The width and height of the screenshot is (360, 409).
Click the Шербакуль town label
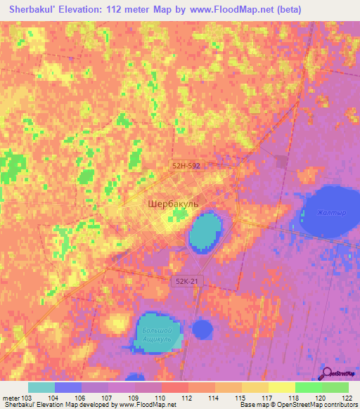[174, 204]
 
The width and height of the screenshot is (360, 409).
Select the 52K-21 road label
[186, 280]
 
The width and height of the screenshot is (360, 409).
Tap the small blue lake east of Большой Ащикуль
[202, 328]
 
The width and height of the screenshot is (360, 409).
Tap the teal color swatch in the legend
[41, 387]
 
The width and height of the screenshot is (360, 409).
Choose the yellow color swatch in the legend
[281, 387]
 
